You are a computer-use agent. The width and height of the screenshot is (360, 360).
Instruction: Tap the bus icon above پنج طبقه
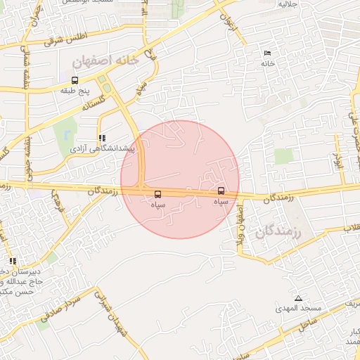pos(75,79)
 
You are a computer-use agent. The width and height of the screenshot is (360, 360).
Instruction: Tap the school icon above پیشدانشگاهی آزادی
pos(102,139)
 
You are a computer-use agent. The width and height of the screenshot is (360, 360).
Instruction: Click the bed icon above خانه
pos(266,53)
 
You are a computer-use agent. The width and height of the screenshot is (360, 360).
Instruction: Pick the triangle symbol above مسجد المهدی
pos(298,298)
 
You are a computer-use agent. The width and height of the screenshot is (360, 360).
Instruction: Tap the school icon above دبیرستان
pos(13,262)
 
